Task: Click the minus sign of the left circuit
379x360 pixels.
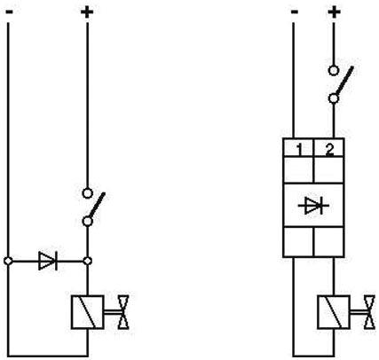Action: coord(9,12)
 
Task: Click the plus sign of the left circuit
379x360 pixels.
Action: coord(87,12)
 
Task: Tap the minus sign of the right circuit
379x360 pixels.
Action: coord(295,12)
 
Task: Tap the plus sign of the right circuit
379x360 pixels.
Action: coord(334,12)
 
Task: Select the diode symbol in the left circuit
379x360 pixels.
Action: coord(48,261)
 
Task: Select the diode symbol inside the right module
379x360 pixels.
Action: coord(313,206)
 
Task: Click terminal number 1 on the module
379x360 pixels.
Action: coord(299,150)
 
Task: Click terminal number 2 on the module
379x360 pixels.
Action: coord(329,150)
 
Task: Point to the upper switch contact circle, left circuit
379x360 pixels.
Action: coord(87,193)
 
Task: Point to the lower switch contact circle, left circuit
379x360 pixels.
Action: coord(87,221)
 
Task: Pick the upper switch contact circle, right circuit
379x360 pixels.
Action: coord(334,71)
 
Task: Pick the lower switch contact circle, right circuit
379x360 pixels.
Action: coord(334,98)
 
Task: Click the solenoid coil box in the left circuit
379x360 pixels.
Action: coord(87,312)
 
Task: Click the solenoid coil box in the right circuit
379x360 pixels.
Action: coord(334,312)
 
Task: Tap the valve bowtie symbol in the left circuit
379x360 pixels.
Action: coord(123,312)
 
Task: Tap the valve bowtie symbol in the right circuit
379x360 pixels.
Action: coord(369,312)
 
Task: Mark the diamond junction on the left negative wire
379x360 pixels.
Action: coord(8,261)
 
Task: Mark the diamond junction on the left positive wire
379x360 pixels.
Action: coord(87,261)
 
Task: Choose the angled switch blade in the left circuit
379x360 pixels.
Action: coord(97,205)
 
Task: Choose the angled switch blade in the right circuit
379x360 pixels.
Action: coord(344,81)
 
